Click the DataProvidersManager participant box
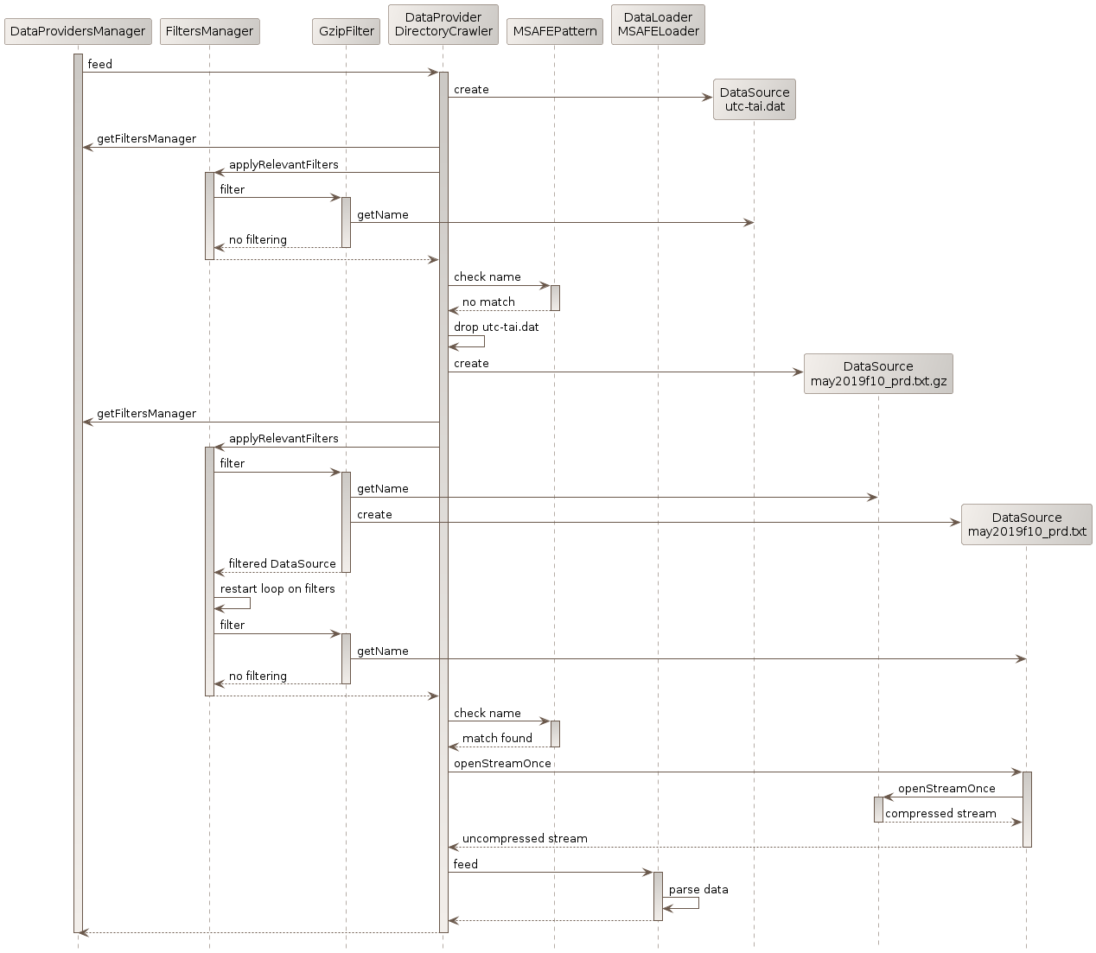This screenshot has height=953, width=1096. click(78, 32)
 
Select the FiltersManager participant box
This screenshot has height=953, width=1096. click(209, 32)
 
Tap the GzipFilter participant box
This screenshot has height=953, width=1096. click(346, 32)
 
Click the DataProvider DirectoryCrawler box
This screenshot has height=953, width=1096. click(443, 24)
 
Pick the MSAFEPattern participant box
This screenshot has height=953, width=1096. click(554, 32)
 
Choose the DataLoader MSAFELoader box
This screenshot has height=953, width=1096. click(658, 24)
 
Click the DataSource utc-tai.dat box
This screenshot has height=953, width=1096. click(755, 99)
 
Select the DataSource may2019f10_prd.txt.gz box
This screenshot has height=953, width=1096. click(878, 373)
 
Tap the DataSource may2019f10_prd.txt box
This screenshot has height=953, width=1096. click(1027, 524)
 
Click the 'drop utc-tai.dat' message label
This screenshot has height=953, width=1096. click(496, 327)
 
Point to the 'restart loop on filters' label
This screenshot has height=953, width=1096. click(277, 589)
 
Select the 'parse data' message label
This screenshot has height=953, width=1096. click(698, 890)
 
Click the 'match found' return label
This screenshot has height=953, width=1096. click(497, 739)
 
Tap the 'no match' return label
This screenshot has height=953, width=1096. click(488, 302)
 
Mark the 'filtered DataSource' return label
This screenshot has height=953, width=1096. click(282, 564)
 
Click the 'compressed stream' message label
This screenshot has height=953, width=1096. click(940, 814)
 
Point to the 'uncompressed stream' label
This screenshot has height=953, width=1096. click(525, 839)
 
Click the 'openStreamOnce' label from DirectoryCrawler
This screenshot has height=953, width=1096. click(502, 764)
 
